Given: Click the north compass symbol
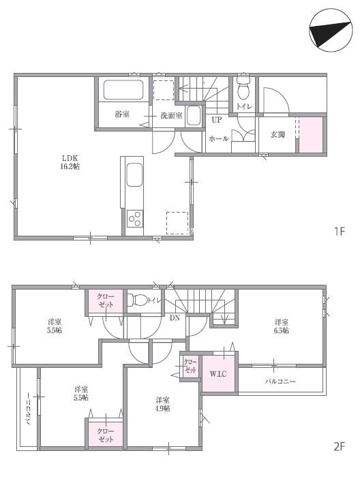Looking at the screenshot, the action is pos(331,30).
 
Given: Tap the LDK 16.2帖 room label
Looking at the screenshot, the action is pos(70,162).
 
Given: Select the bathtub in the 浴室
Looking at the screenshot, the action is pos(123,89).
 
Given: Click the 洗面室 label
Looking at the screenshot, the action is pos(172,116).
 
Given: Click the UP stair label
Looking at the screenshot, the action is pos(217,120).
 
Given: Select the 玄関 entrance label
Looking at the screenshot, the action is pos(277,134).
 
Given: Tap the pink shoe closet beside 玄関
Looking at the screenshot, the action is pos(312,135).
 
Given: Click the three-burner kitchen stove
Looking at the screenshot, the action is pos(135,219).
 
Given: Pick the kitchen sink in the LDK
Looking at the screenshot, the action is pos(135,175).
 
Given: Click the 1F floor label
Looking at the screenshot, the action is pos(340,231).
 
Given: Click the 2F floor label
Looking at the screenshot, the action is pos(340,446).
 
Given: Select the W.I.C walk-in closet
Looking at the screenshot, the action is pos(219,373).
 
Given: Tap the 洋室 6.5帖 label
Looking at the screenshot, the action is pos(282,326).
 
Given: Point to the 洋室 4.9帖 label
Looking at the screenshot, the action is pos(162,404).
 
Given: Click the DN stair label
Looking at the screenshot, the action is pos(175,317).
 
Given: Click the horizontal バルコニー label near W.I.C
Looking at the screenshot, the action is pos(280,381).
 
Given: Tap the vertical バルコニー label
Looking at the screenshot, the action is pos(28,409).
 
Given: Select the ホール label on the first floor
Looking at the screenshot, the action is pos(219,138).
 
